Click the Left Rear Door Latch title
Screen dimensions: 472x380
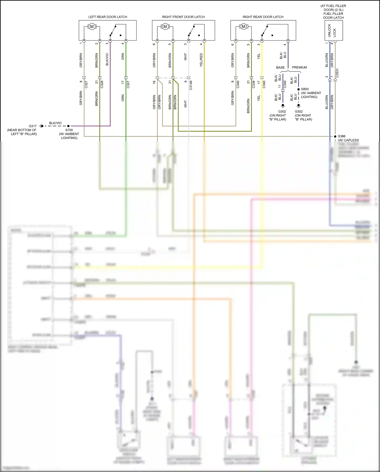click(x=108, y=17)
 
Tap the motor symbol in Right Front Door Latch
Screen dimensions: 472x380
click(x=165, y=26)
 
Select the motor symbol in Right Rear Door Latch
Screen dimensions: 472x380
click(x=244, y=26)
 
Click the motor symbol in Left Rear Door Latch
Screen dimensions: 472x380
click(x=92, y=26)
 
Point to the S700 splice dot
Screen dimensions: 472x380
click(x=68, y=126)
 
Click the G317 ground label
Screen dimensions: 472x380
click(x=33, y=126)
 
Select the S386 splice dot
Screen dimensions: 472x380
click(x=335, y=136)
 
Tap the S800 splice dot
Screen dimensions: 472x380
click(x=299, y=89)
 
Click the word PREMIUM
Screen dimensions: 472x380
click(x=299, y=67)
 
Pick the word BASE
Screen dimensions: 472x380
click(x=280, y=67)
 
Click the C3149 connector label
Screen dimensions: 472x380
click(x=191, y=85)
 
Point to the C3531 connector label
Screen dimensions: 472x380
click(x=337, y=73)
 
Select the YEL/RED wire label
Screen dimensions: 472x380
click(x=201, y=60)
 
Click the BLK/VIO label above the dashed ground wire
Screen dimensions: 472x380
click(x=55, y=123)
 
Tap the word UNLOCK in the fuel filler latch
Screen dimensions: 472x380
click(x=329, y=30)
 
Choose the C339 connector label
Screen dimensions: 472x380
click(x=253, y=84)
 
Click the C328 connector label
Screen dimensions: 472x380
click(x=102, y=84)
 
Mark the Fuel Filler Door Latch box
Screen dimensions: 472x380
click(x=334, y=30)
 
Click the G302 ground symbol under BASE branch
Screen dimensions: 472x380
click(x=283, y=106)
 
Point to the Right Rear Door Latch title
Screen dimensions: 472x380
click(x=263, y=17)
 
